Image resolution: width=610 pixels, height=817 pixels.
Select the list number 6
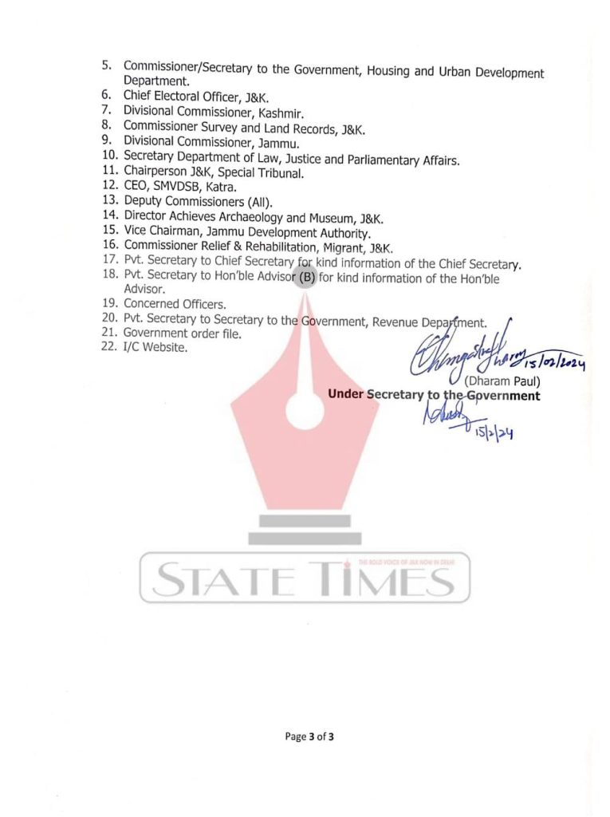(105, 94)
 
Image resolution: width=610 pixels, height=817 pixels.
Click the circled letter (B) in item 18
(307, 278)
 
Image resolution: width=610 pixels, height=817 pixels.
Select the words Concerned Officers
(175, 303)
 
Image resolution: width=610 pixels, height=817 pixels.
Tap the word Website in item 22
(163, 348)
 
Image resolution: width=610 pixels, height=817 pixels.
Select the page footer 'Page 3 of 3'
(309, 736)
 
